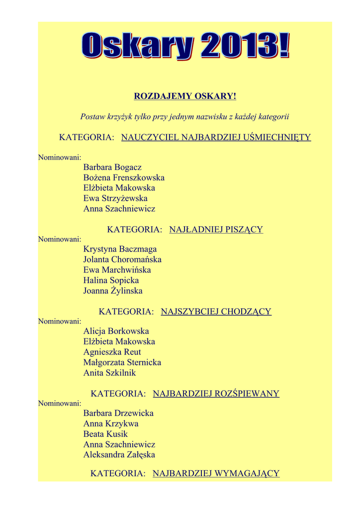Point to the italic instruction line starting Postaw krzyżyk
point(185,116)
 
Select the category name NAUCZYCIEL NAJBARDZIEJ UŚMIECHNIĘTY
point(216,137)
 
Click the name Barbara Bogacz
point(112,167)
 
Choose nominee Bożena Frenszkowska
point(124,177)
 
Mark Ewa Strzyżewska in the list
point(115,198)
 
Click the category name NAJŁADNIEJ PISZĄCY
point(216,230)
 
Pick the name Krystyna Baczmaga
point(120,249)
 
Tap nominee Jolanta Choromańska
point(122,259)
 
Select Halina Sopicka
point(111,280)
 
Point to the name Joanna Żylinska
point(113,291)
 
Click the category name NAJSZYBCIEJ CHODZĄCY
point(216,312)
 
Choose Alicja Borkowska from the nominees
point(116,331)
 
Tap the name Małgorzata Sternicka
point(122,362)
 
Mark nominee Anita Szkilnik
point(109,373)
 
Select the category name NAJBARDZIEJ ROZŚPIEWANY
point(216,394)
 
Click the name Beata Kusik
point(105,434)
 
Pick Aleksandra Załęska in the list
point(119,454)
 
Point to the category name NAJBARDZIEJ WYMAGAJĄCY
point(216,473)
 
